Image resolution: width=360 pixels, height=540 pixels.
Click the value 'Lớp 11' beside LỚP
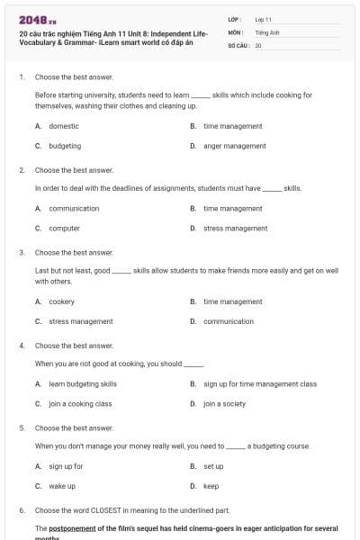(263, 19)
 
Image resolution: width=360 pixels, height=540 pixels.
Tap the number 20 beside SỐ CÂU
(258, 44)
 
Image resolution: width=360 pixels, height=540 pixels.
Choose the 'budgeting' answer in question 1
(65, 146)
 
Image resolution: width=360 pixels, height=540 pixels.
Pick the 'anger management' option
(234, 146)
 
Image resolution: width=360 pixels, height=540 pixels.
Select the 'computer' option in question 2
(64, 229)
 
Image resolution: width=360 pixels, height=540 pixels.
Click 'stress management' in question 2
(235, 229)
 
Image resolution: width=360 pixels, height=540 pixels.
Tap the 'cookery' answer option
(61, 301)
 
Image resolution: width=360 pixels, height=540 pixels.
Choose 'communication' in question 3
(229, 321)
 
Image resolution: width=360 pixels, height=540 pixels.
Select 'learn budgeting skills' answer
(83, 384)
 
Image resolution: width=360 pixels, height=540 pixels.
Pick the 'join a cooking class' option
(80, 404)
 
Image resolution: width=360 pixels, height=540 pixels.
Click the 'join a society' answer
(224, 404)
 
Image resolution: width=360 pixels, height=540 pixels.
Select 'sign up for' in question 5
(66, 466)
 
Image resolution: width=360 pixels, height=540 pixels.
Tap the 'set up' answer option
(213, 466)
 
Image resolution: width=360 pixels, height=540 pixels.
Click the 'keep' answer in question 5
(211, 486)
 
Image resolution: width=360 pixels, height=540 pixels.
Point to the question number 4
(22, 346)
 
